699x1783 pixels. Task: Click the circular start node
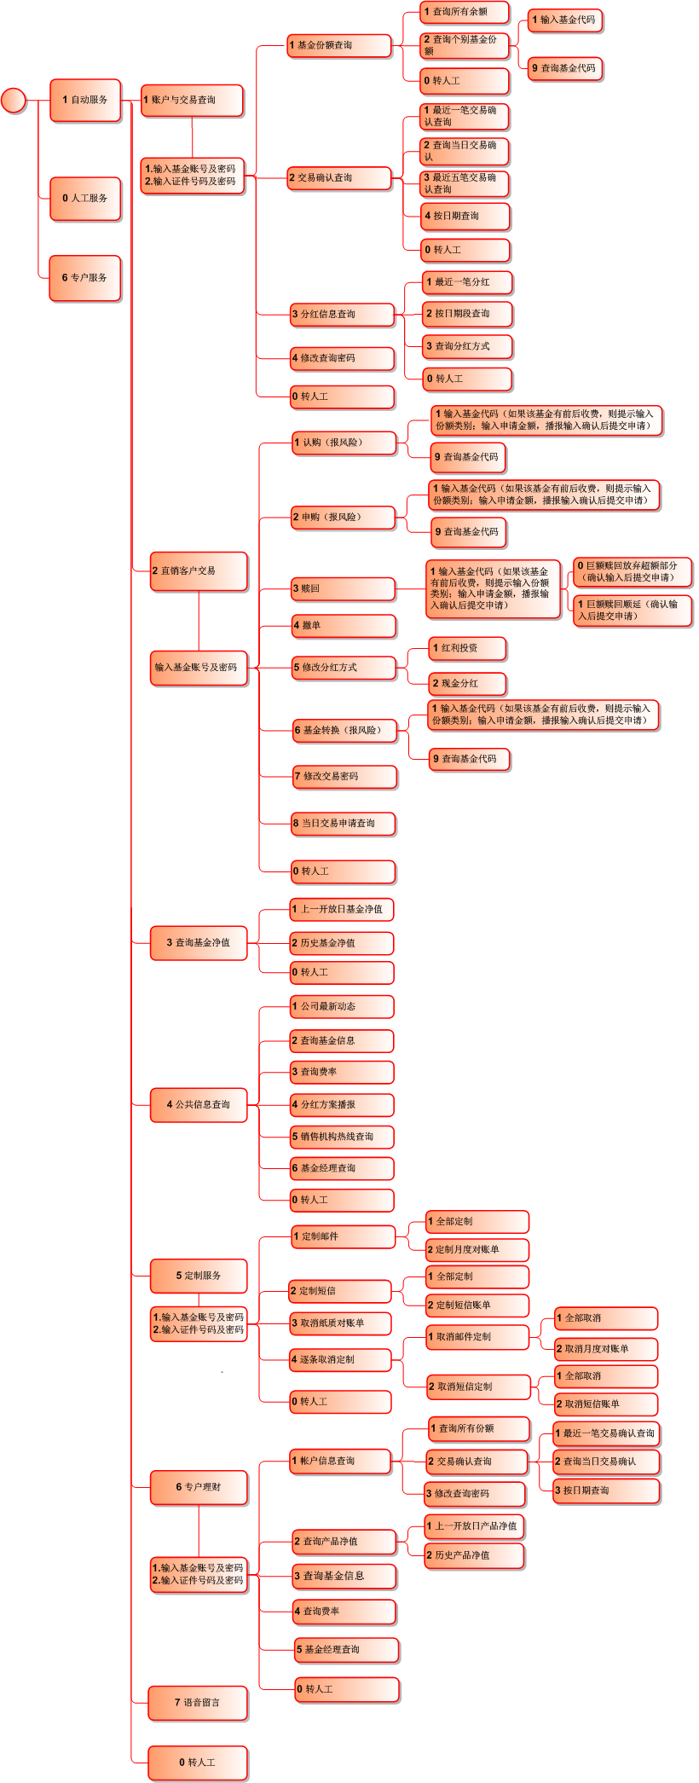[14, 100]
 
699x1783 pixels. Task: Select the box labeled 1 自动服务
[85, 100]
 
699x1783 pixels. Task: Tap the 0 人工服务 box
[85, 198]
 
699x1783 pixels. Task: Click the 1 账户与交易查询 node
[192, 100]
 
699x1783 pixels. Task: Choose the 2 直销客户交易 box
[199, 570]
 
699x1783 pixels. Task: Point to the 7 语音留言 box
[198, 1702]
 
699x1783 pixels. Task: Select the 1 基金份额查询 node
[338, 45]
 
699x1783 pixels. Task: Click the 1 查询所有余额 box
[465, 12]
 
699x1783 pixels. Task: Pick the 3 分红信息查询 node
[342, 314]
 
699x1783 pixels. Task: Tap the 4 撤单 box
[344, 625]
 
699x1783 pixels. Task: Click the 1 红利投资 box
[467, 648]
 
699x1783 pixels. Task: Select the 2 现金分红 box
[467, 683]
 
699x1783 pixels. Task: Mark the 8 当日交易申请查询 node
[344, 823]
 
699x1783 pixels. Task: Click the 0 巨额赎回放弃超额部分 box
[631, 571]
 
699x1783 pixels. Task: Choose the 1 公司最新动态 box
[342, 1006]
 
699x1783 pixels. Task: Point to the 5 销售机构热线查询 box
[342, 1136]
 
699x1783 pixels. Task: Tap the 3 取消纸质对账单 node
[340, 1323]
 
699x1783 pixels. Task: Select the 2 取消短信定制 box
[478, 1386]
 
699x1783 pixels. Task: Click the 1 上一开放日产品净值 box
[474, 1525]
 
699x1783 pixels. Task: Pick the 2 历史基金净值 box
[342, 942]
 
